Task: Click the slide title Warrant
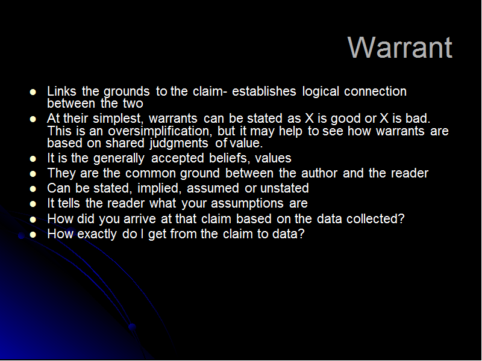(399, 48)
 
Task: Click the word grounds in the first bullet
(127, 92)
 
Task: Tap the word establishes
(264, 91)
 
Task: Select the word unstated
(284, 188)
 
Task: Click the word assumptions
(247, 203)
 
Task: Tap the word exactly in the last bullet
(97, 234)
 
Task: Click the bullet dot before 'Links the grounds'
(33, 92)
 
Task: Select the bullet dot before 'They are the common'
(33, 174)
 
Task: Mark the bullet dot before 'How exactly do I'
(33, 235)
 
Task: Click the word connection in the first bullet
(375, 91)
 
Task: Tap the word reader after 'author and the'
(410, 173)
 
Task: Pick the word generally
(119, 159)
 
